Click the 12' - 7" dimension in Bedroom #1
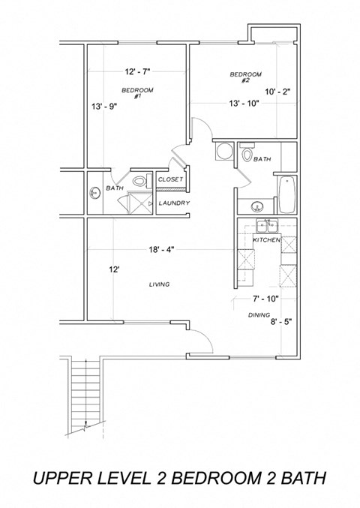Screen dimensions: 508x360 point(137,72)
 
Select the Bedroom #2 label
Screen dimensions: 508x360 point(245,77)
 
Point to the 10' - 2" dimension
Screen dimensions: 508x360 point(276,92)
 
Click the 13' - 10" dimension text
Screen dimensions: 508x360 point(244,104)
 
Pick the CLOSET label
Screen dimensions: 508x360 point(170,180)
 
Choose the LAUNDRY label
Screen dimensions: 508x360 point(173,203)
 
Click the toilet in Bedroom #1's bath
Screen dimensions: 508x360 point(139,181)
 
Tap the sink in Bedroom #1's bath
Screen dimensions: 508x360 point(94,193)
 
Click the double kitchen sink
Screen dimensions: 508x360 point(265,226)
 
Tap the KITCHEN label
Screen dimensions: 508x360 point(266,239)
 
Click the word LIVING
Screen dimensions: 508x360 point(158,284)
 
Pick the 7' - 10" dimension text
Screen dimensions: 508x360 point(265,299)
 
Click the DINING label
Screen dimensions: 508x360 point(259,315)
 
